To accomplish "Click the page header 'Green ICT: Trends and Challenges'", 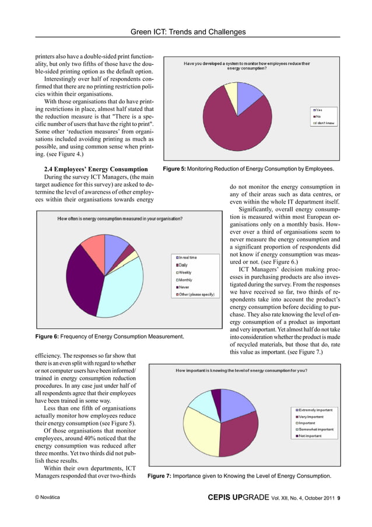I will point(186,32).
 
